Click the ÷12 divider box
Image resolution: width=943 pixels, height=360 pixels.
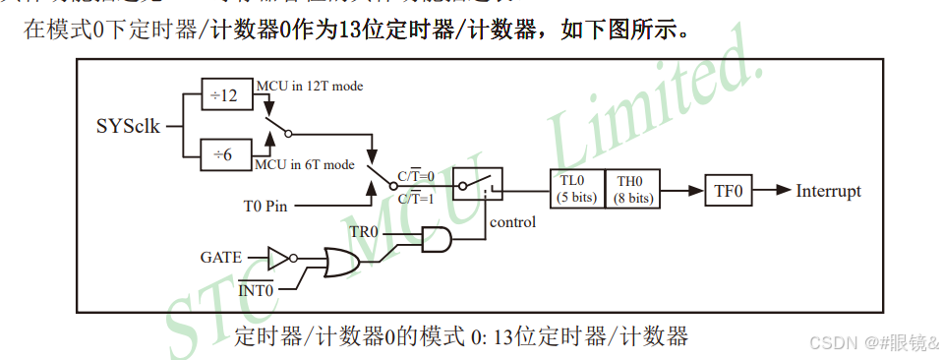click(224, 95)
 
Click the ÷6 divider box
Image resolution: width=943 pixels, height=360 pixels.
click(224, 155)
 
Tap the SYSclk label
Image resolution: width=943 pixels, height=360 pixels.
click(128, 126)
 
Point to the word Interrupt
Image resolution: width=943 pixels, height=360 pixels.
click(829, 190)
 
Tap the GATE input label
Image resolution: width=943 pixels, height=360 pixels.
click(220, 258)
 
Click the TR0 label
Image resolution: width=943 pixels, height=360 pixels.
click(365, 232)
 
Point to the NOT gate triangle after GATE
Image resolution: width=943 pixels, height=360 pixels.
click(278, 259)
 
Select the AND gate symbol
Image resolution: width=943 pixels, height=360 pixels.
click(437, 239)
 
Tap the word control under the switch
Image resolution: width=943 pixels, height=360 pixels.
click(512, 221)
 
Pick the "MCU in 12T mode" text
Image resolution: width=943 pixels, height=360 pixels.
click(309, 86)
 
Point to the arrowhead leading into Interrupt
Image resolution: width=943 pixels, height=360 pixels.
click(783, 190)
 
